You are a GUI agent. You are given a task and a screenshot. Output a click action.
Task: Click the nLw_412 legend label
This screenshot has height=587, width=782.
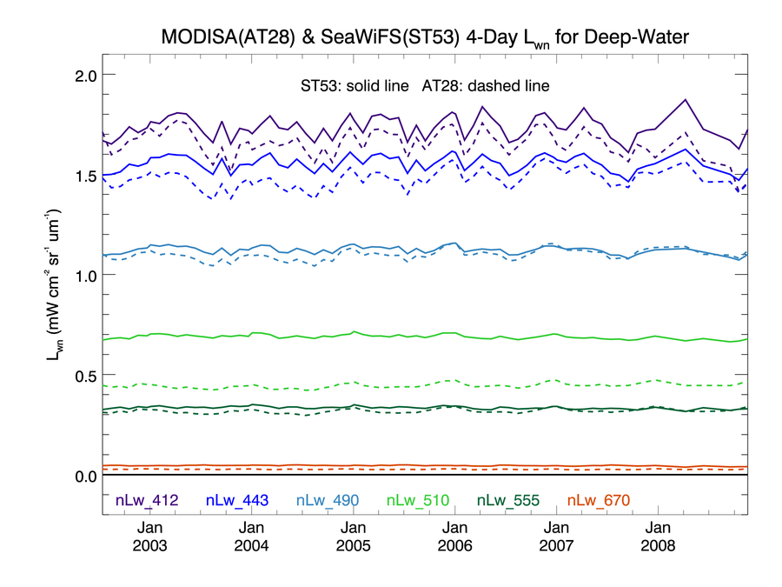[147, 500]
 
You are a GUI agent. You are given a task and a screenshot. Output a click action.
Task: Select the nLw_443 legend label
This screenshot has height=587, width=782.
[237, 500]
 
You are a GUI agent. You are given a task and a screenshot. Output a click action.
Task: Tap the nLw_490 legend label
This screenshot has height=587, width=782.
[328, 500]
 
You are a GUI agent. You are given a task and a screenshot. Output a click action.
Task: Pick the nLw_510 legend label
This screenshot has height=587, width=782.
[417, 500]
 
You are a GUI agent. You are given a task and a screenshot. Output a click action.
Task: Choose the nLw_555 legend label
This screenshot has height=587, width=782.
[507, 500]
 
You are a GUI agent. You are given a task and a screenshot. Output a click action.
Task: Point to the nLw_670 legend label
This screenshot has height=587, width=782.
[598, 500]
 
